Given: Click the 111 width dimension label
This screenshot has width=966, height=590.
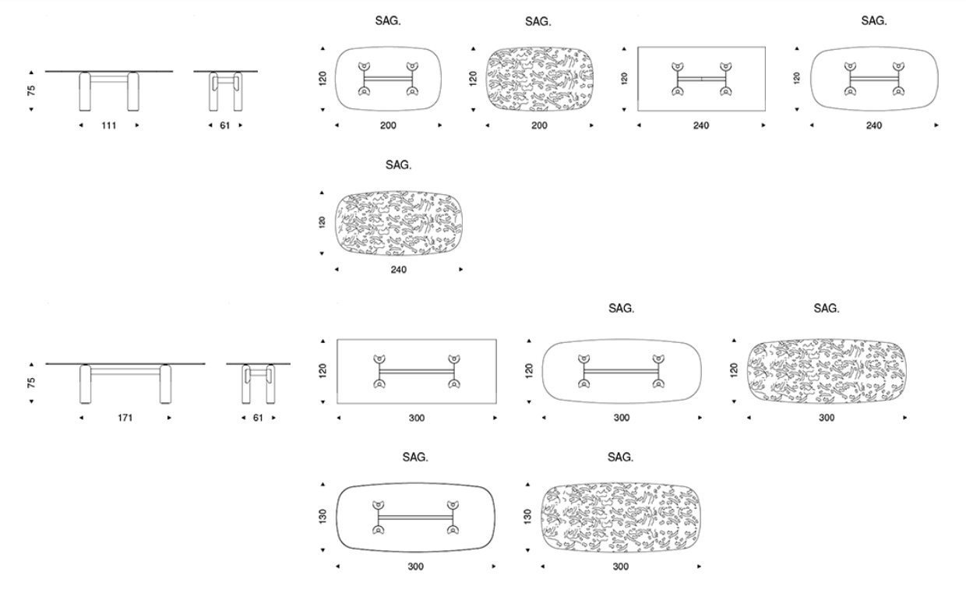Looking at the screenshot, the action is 109,125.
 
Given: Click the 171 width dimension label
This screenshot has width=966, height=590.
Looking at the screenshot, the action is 125,418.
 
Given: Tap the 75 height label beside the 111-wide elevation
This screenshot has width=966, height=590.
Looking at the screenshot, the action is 31,90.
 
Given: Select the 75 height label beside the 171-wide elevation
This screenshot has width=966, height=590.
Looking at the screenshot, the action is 31,383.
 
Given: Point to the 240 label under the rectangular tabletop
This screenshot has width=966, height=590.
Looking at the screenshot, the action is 701,125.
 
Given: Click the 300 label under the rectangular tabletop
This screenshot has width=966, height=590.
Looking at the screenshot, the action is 417,418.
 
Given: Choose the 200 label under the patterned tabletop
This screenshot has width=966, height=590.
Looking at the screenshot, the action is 539,125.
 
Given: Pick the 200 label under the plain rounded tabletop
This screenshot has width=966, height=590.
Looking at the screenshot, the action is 388,125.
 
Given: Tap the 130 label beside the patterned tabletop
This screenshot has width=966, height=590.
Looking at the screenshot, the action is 527,517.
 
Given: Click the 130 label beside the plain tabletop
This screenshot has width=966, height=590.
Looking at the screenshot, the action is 323,517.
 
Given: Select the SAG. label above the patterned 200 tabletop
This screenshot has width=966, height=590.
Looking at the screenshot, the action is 538,22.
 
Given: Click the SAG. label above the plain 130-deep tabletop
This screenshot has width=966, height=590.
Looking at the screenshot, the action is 415,457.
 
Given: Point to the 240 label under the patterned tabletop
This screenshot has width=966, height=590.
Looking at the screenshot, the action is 399,270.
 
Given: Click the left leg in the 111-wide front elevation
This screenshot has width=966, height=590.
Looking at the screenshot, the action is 86,91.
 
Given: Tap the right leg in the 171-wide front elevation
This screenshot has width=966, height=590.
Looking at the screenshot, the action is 165,384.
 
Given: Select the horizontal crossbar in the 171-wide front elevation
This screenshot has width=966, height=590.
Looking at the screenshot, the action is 125,371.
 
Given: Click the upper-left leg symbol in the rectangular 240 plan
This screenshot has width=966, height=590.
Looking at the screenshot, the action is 678,67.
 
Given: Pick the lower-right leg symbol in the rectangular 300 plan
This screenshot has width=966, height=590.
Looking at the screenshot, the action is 453,383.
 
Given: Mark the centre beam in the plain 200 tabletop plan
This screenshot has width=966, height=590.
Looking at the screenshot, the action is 388,79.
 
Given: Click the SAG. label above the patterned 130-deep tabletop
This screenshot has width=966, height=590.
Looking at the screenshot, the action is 621,457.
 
